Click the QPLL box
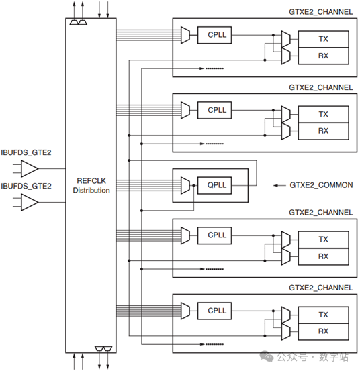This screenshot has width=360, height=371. click(x=214, y=185)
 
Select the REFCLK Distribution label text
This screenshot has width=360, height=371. click(x=91, y=185)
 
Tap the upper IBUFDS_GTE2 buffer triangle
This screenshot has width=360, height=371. click(x=30, y=168)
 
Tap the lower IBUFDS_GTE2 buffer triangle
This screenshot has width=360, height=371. click(x=30, y=202)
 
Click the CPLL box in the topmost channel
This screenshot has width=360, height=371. click(x=214, y=35)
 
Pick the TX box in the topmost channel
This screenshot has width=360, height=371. click(x=323, y=39)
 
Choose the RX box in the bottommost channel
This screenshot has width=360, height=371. click(x=323, y=331)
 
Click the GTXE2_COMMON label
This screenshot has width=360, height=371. click(x=321, y=185)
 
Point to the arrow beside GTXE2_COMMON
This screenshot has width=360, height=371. click(x=279, y=185)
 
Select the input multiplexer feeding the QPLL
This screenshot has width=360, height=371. click(x=185, y=185)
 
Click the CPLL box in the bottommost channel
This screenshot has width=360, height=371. click(x=214, y=311)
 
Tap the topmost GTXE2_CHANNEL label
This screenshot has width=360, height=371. click(x=320, y=12)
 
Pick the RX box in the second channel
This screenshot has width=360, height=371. click(x=323, y=131)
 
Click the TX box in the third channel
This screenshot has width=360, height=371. click(x=323, y=240)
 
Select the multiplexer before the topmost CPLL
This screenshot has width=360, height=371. click(x=185, y=35)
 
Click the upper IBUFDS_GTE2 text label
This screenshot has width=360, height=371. click(x=26, y=152)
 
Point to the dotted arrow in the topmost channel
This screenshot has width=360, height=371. click(x=212, y=68)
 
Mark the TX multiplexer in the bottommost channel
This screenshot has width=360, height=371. click(x=286, y=315)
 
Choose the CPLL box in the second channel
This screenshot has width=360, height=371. click(x=214, y=110)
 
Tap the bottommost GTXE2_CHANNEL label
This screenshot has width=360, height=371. click(x=320, y=288)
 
